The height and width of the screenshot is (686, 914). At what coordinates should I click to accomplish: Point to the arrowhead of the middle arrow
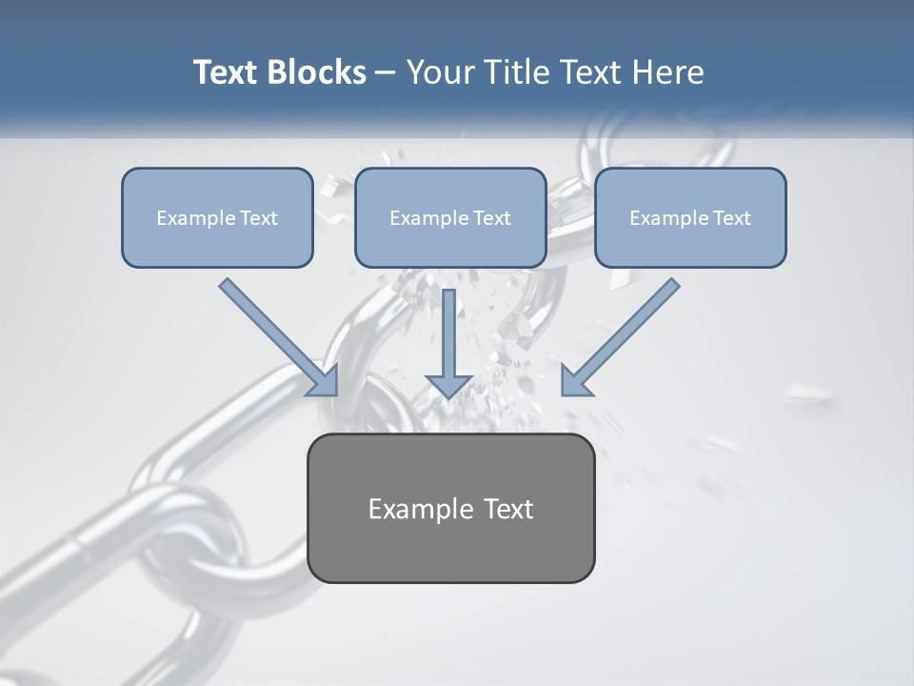tap(448, 385)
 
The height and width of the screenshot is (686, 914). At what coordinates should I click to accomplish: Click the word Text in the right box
tap(730, 218)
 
